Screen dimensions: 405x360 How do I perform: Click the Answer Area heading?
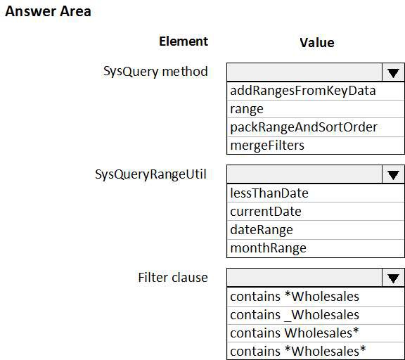pyautogui.click(x=48, y=12)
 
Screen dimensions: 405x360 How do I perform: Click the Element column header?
pyautogui.click(x=184, y=41)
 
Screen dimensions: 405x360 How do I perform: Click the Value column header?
pyautogui.click(x=317, y=43)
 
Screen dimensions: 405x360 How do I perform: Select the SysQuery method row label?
pyautogui.click(x=155, y=72)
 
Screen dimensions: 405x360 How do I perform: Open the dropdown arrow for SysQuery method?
pyautogui.click(x=393, y=72)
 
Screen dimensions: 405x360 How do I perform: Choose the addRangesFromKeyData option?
pyautogui.click(x=303, y=91)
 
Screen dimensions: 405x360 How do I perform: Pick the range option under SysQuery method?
pyautogui.click(x=247, y=109)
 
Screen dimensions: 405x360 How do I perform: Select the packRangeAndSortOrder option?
pyautogui.click(x=304, y=127)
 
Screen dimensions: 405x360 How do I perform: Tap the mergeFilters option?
pyautogui.click(x=267, y=146)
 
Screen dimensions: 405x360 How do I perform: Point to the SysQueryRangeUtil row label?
pyautogui.click(x=151, y=174)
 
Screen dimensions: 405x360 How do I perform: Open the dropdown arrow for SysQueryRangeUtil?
pyautogui.click(x=393, y=175)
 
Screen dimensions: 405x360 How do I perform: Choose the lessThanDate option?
pyautogui.click(x=269, y=193)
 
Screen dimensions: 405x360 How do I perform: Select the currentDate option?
pyautogui.click(x=266, y=212)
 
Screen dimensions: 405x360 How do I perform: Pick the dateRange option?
pyautogui.click(x=262, y=230)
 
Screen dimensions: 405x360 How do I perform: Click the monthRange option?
pyautogui.click(x=268, y=248)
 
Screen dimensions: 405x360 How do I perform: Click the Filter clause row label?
pyautogui.click(x=173, y=278)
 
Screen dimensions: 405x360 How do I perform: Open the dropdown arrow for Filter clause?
pyautogui.click(x=393, y=278)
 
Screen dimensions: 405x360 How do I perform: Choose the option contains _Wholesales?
pyautogui.click(x=295, y=315)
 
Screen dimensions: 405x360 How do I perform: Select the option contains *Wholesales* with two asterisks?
pyautogui.click(x=298, y=352)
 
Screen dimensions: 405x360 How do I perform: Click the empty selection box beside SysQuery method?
pyautogui.click(x=304, y=72)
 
